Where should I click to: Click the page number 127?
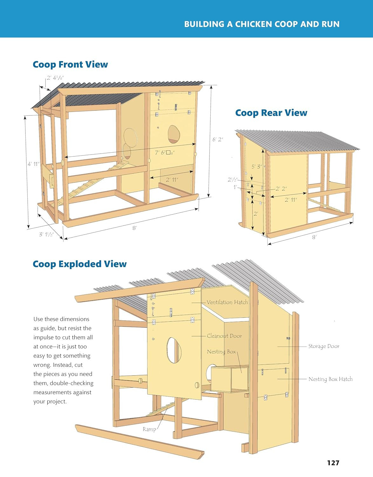tap(333, 463)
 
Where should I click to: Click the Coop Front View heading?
tap(70, 65)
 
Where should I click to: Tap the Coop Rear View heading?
tap(271, 113)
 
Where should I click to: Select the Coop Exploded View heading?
tap(79, 264)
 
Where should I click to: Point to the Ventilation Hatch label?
tap(227, 302)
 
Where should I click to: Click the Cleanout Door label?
tap(224, 336)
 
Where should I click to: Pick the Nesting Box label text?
tap(221, 352)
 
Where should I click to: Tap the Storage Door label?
tap(324, 346)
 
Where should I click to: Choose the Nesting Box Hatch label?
tap(330, 379)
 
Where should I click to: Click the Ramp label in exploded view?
tap(149, 429)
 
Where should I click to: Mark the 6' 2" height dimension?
tap(218, 139)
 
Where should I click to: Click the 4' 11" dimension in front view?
tap(33, 164)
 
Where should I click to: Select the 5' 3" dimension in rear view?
tap(257, 167)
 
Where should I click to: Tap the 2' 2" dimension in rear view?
tap(281, 189)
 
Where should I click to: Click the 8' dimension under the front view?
tap(134, 228)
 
